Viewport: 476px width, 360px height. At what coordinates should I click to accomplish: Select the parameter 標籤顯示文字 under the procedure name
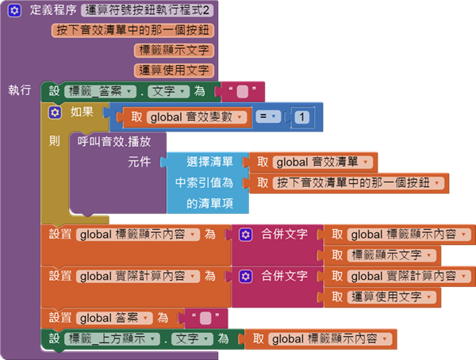(x=175, y=51)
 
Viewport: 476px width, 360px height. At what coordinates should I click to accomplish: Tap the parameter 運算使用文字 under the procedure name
(x=175, y=71)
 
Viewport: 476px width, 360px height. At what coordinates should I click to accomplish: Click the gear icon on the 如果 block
(x=55, y=113)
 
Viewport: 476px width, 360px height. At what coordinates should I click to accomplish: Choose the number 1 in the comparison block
(x=302, y=117)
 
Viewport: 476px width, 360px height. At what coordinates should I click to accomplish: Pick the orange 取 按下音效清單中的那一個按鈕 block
(x=348, y=183)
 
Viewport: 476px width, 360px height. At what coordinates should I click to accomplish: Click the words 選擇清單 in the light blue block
(x=209, y=163)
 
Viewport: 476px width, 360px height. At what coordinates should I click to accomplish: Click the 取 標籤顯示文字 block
(x=385, y=255)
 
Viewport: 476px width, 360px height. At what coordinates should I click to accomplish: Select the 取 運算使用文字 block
(x=385, y=297)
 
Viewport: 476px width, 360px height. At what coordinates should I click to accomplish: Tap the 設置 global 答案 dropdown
(x=111, y=318)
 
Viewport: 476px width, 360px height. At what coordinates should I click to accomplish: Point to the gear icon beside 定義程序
(x=15, y=11)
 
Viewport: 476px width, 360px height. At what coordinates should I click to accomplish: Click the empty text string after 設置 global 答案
(x=205, y=318)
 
